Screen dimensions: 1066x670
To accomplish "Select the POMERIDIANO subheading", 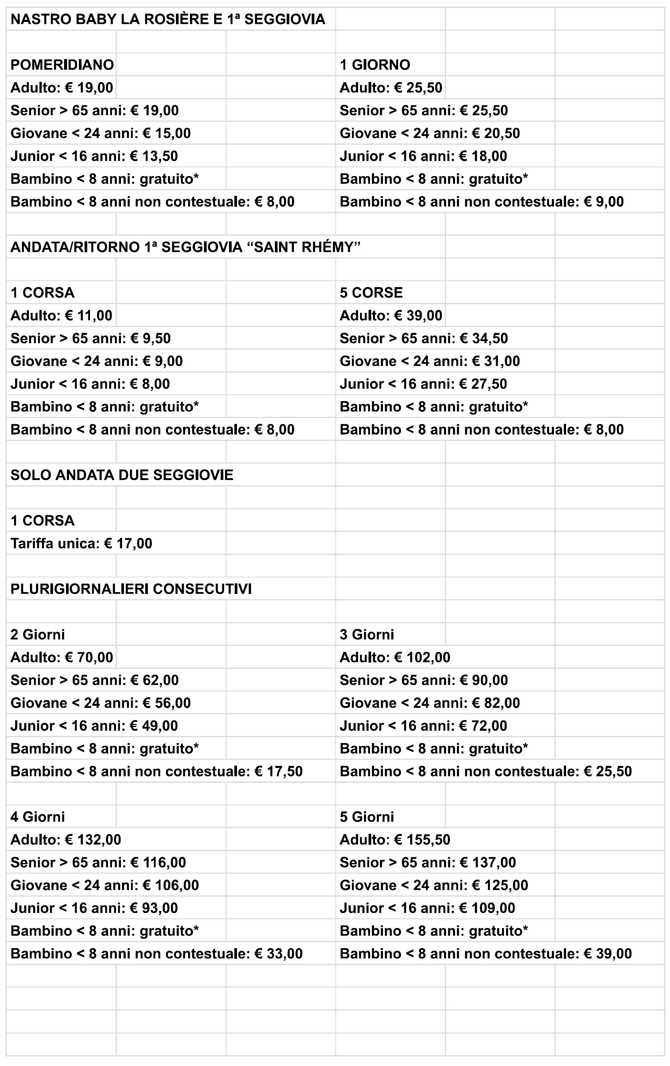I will [62, 65].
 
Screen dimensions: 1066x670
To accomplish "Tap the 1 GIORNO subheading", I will [375, 65].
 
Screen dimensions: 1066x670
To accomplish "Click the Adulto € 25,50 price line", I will [391, 88].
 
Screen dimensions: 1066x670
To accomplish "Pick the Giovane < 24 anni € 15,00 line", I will [100, 133].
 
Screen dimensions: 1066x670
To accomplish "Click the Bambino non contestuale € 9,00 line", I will [482, 202].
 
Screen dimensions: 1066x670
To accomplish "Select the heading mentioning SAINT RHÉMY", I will [185, 247].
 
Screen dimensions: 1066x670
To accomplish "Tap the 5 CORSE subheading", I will [371, 292].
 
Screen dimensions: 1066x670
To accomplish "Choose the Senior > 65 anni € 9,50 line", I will [90, 339].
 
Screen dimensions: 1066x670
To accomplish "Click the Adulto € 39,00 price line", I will [391, 316].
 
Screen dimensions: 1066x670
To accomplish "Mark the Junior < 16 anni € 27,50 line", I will [423, 384].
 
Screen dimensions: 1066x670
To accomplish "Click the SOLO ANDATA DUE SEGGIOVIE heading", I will [122, 475].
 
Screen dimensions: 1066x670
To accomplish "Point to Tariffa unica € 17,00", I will [81, 544].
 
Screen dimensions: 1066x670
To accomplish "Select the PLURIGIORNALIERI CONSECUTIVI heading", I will [131, 589].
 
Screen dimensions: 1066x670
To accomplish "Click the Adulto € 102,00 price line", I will [395, 657].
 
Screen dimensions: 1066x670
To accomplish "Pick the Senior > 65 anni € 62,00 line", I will [94, 680].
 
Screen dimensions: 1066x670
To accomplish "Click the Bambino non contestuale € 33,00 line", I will [157, 953].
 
